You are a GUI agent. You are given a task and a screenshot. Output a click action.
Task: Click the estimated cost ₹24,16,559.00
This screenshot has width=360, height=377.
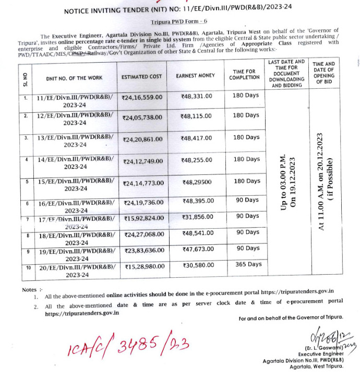tap(142, 97)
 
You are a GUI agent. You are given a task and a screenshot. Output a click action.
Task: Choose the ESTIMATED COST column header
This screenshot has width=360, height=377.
tap(142, 77)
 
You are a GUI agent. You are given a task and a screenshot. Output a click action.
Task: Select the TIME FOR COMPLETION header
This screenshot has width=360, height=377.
tap(244, 74)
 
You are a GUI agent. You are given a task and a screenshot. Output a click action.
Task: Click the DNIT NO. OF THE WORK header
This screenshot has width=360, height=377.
tap(74, 78)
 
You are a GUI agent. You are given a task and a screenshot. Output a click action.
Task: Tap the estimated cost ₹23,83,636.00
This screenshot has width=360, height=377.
tap(142, 250)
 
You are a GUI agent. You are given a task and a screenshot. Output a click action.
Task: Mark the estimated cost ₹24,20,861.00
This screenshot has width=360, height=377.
tap(142, 140)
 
